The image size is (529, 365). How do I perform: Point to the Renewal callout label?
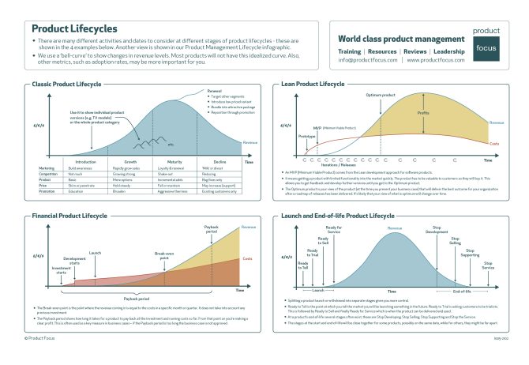(x=215, y=91)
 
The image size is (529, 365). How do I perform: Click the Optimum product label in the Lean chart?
(x=381, y=95)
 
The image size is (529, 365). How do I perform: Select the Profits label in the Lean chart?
(x=423, y=113)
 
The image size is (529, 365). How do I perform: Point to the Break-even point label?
(x=164, y=255)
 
